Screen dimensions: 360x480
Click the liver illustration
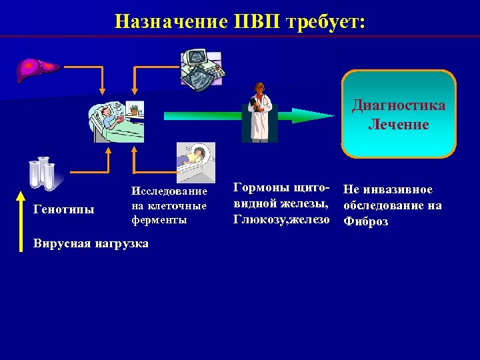coord(38,67)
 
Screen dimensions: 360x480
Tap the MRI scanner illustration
coord(195,163)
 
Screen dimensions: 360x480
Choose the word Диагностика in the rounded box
coord(399,106)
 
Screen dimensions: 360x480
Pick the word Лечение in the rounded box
coord(399,125)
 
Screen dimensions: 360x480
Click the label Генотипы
coord(63,209)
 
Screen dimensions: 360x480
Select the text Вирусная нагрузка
coord(91,243)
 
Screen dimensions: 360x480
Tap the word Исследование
coord(169,191)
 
